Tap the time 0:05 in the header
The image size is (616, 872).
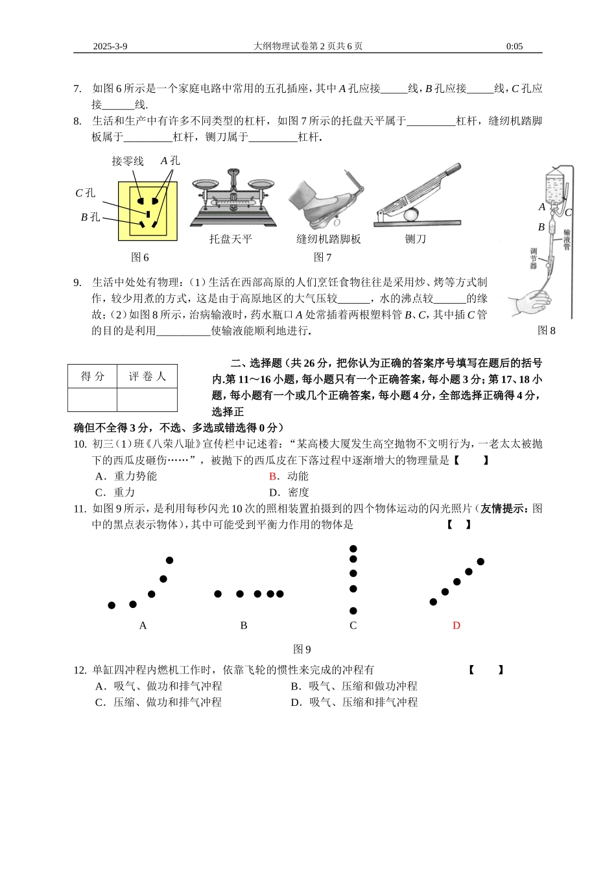pos(514,46)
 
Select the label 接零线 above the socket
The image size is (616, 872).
pos(128,161)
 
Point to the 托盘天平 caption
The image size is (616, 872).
pos(230,239)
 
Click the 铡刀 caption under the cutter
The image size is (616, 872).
pos(416,239)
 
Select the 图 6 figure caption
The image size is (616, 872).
pos(140,258)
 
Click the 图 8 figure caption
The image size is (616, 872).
pos(547,331)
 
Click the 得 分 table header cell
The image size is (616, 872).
pos(93,377)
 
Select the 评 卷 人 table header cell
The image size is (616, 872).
pos(147,377)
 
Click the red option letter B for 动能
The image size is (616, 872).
pos(273,476)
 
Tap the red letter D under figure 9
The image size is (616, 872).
pos(456,625)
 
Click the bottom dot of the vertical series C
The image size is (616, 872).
pos(353,611)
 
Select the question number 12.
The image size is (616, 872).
pos(80,670)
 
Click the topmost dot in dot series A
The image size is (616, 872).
pos(170,560)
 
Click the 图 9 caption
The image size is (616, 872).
pos(302,649)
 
